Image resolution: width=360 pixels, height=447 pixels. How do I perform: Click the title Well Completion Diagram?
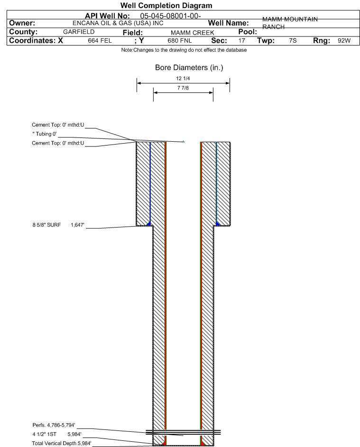click(166, 5)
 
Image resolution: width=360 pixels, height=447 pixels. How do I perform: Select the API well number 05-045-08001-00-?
click(170, 16)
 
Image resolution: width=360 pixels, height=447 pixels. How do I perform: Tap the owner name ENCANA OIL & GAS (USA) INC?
click(118, 23)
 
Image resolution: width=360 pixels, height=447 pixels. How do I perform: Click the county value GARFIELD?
click(79, 32)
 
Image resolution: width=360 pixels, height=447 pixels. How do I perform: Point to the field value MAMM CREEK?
click(192, 33)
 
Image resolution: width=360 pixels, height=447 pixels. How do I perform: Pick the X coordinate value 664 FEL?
click(100, 40)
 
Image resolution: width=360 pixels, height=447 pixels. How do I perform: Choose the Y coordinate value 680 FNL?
click(180, 40)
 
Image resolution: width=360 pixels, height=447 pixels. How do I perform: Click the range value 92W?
click(344, 40)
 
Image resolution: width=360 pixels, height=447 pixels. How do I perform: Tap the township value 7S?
click(293, 40)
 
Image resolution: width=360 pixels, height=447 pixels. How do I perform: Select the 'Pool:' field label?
click(248, 32)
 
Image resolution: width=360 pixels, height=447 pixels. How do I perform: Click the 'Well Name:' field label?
click(228, 23)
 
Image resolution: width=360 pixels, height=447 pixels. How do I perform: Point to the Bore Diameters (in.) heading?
click(189, 68)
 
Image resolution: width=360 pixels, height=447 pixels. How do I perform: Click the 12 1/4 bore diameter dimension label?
click(183, 78)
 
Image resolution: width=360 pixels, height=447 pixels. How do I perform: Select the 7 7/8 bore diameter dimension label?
click(183, 88)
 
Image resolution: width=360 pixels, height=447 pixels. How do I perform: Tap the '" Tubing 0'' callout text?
click(45, 134)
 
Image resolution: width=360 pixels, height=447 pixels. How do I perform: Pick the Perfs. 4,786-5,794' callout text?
click(54, 425)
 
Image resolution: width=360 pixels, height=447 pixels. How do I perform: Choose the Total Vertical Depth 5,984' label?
click(62, 443)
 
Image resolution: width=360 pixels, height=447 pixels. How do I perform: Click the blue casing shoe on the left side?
click(148, 224)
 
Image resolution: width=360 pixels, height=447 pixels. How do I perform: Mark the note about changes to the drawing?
click(184, 50)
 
